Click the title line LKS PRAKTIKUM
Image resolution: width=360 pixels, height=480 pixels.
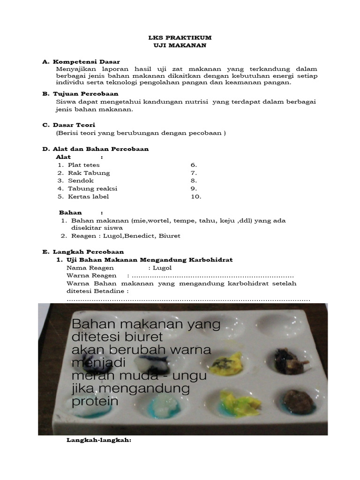tap(180, 37)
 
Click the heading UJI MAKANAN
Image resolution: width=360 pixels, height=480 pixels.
tap(180, 45)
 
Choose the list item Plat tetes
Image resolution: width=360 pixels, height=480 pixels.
tap(83, 165)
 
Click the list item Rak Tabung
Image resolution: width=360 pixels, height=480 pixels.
tap(89, 173)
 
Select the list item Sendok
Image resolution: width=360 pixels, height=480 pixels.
tap(81, 180)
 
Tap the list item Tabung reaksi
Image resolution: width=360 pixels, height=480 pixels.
tap(92, 188)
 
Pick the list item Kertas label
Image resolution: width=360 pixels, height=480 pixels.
tap(88, 196)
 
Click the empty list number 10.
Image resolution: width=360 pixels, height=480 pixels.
tap(196, 196)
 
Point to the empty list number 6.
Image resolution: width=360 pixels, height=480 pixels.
tap(194, 165)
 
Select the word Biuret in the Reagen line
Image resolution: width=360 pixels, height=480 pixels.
tap(171, 236)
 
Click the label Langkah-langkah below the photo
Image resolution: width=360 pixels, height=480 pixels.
tap(99, 441)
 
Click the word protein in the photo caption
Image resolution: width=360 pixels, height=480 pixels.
tap(95, 402)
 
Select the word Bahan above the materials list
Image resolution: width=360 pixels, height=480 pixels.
tap(70, 212)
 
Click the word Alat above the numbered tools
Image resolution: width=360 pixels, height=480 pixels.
tap(63, 157)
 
